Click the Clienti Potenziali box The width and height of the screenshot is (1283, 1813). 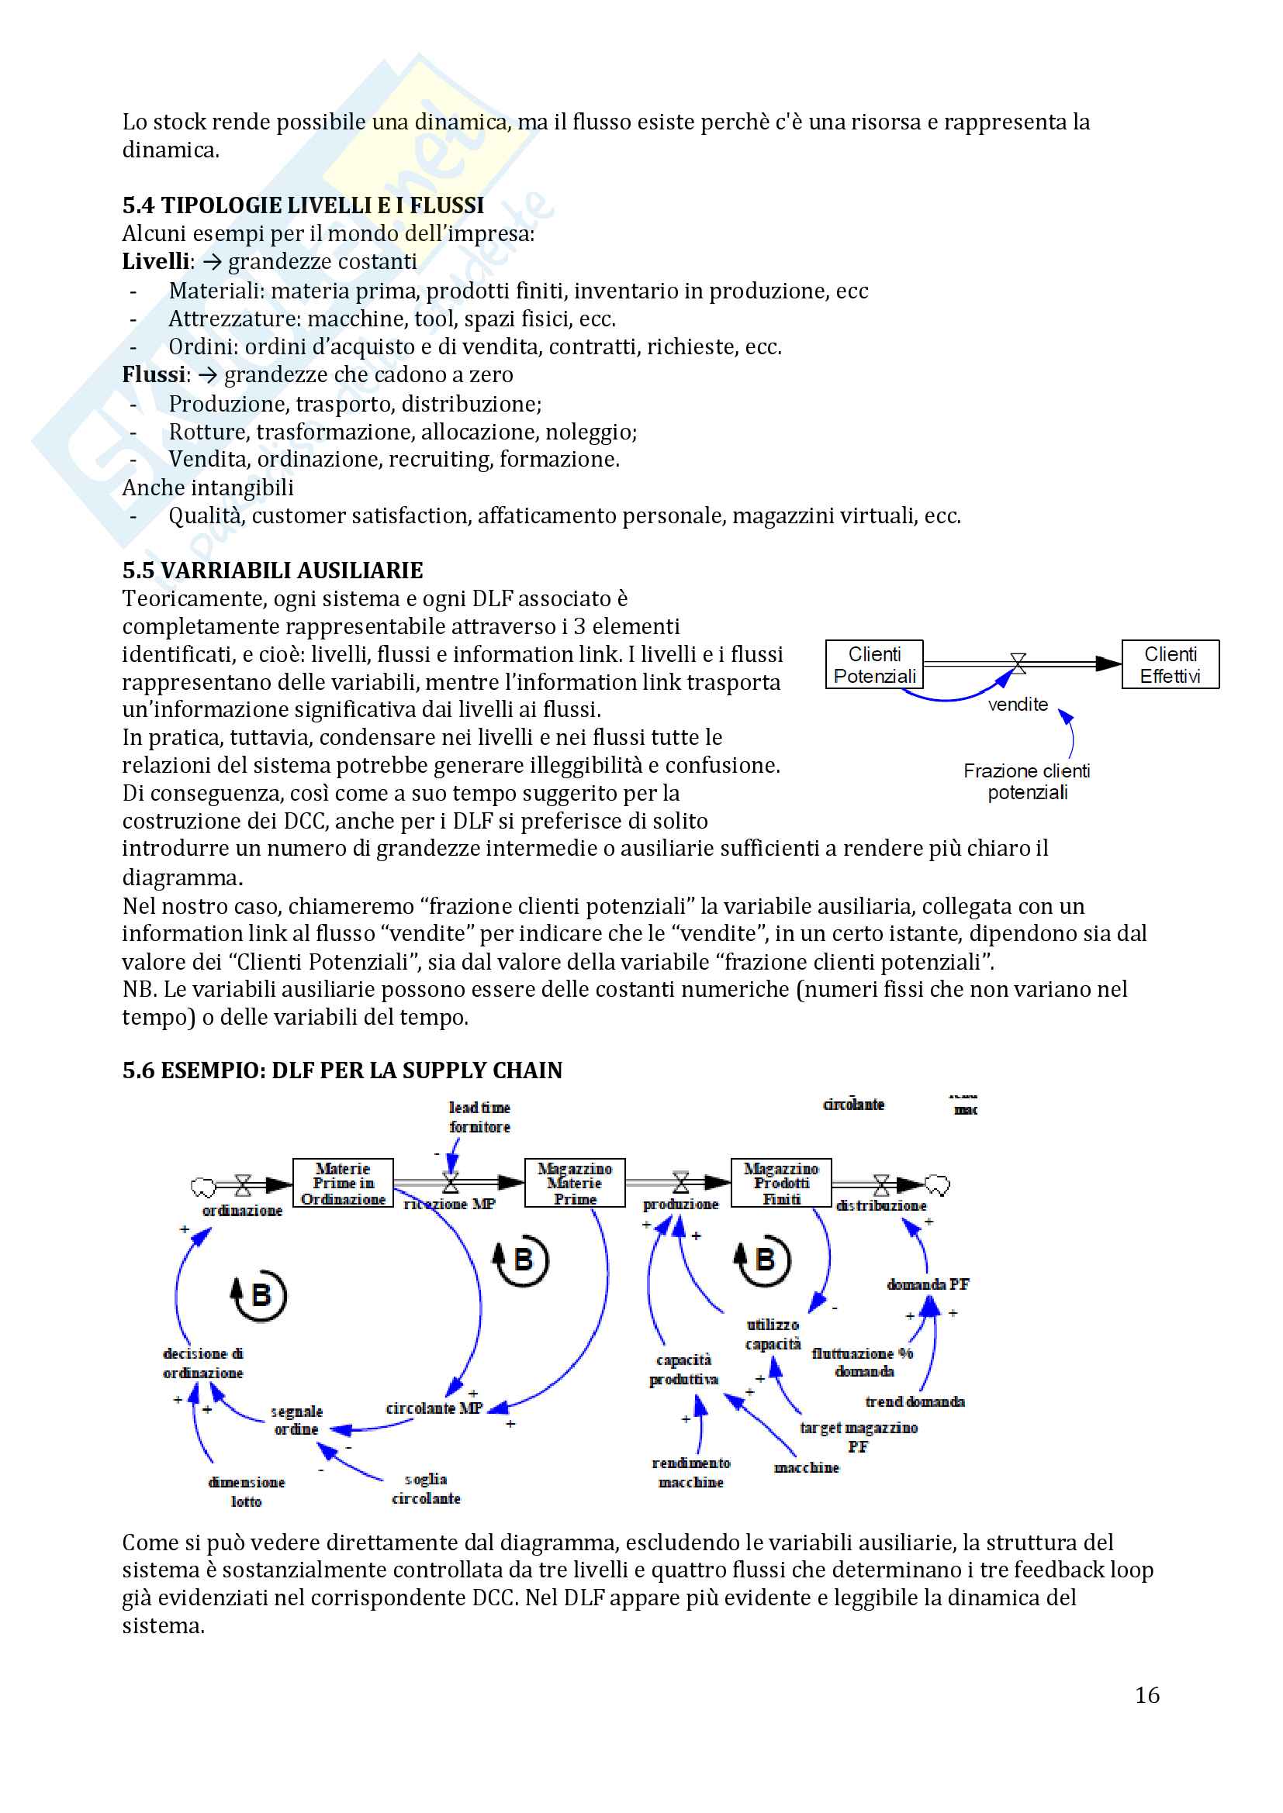[x=873, y=665]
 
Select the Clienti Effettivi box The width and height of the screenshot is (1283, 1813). [x=1170, y=665]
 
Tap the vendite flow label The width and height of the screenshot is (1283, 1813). [x=1018, y=705]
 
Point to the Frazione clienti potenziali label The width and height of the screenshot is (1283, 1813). [x=1026, y=781]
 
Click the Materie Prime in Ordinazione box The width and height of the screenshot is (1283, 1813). [x=343, y=1183]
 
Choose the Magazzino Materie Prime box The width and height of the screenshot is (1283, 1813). [x=574, y=1183]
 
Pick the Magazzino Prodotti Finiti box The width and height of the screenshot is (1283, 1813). [x=780, y=1183]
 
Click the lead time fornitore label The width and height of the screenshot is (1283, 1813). [x=479, y=1118]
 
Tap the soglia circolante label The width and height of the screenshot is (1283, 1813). [x=426, y=1488]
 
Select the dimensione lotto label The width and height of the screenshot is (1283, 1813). [x=247, y=1491]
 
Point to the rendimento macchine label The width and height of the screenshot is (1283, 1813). [x=691, y=1473]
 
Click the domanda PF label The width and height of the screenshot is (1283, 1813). [x=928, y=1284]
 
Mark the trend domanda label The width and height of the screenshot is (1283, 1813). [x=915, y=1401]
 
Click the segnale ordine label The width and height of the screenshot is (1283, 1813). [x=296, y=1420]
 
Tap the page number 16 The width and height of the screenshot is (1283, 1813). [x=1147, y=1694]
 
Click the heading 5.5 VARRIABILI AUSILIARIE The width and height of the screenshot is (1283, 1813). [x=272, y=570]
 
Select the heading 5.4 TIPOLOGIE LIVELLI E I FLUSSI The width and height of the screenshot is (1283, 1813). [x=303, y=205]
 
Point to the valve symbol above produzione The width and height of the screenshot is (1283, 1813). [x=680, y=1183]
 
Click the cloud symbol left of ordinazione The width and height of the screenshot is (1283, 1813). [x=203, y=1186]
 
